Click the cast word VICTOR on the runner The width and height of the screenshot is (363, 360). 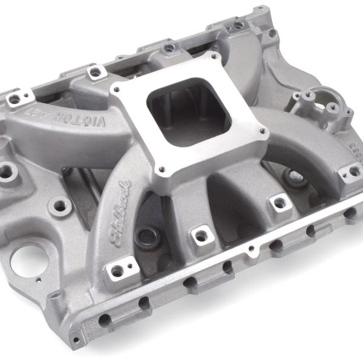pyautogui.click(x=91, y=119)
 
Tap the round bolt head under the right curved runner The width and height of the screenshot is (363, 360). pyautogui.click(x=296, y=178)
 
